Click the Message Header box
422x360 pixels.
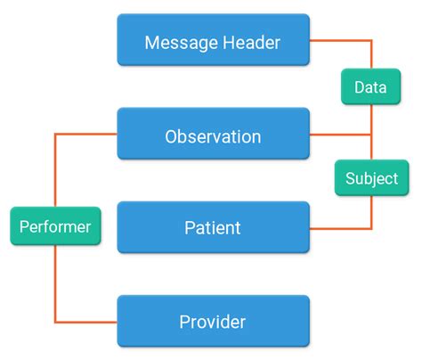(213, 41)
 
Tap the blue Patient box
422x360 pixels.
(213, 227)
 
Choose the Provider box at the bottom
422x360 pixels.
(213, 321)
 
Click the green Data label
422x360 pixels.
(370, 87)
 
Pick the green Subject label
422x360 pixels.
(370, 178)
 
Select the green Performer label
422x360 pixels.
(55, 227)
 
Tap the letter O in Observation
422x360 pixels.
(172, 136)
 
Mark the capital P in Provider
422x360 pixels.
(184, 322)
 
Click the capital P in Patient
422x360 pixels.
(190, 228)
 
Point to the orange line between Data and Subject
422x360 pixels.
(370, 134)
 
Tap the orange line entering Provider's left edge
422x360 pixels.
(89, 321)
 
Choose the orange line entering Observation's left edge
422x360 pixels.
(89, 135)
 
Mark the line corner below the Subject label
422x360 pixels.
(370, 228)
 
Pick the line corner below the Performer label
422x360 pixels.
(55, 321)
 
